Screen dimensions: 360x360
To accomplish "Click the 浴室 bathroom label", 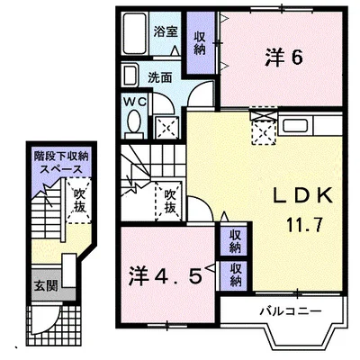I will click(x=165, y=30).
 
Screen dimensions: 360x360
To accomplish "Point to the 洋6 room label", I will click(x=282, y=58).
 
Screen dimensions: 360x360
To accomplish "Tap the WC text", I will click(x=131, y=102).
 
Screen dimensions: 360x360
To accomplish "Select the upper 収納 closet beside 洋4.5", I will click(x=235, y=241).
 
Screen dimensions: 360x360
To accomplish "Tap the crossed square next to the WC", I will click(x=166, y=125).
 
